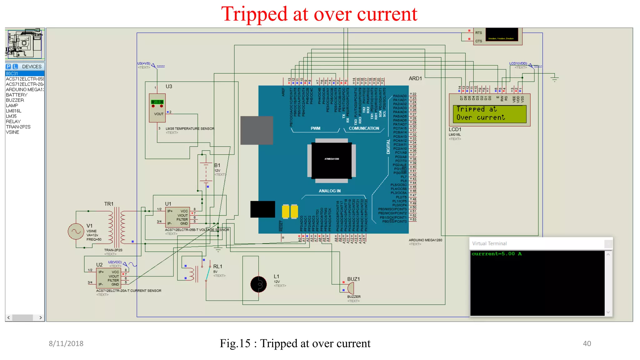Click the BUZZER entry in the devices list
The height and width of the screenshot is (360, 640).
(15, 100)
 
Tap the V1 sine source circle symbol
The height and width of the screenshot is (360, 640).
(76, 232)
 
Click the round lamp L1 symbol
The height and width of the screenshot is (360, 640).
(258, 284)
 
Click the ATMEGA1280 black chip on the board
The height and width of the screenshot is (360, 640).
(332, 160)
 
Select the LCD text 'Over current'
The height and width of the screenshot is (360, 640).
(480, 117)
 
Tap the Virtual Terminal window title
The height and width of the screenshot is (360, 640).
(489, 243)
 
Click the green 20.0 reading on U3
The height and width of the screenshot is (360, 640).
(157, 102)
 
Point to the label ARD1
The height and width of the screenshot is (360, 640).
(415, 78)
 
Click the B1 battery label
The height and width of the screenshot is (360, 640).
(217, 165)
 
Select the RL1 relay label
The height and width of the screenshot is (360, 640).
(217, 267)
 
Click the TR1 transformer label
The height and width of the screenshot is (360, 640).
(108, 204)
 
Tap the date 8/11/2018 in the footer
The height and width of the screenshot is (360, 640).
(66, 343)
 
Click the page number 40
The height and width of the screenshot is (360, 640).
(587, 343)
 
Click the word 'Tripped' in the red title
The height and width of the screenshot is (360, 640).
(254, 14)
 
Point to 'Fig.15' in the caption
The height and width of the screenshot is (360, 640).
(235, 343)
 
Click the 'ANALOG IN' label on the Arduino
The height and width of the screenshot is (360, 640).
(329, 191)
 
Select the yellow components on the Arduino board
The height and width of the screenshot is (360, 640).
(290, 212)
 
